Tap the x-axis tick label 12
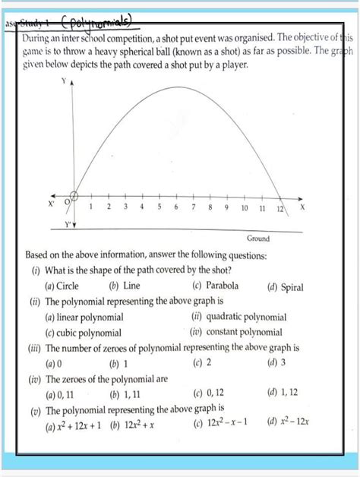[279, 207]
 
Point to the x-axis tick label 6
[175, 207]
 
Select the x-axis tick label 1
[91, 207]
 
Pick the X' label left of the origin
[52, 204]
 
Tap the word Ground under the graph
[258, 238]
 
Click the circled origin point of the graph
[74, 196]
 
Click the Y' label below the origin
[68, 225]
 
